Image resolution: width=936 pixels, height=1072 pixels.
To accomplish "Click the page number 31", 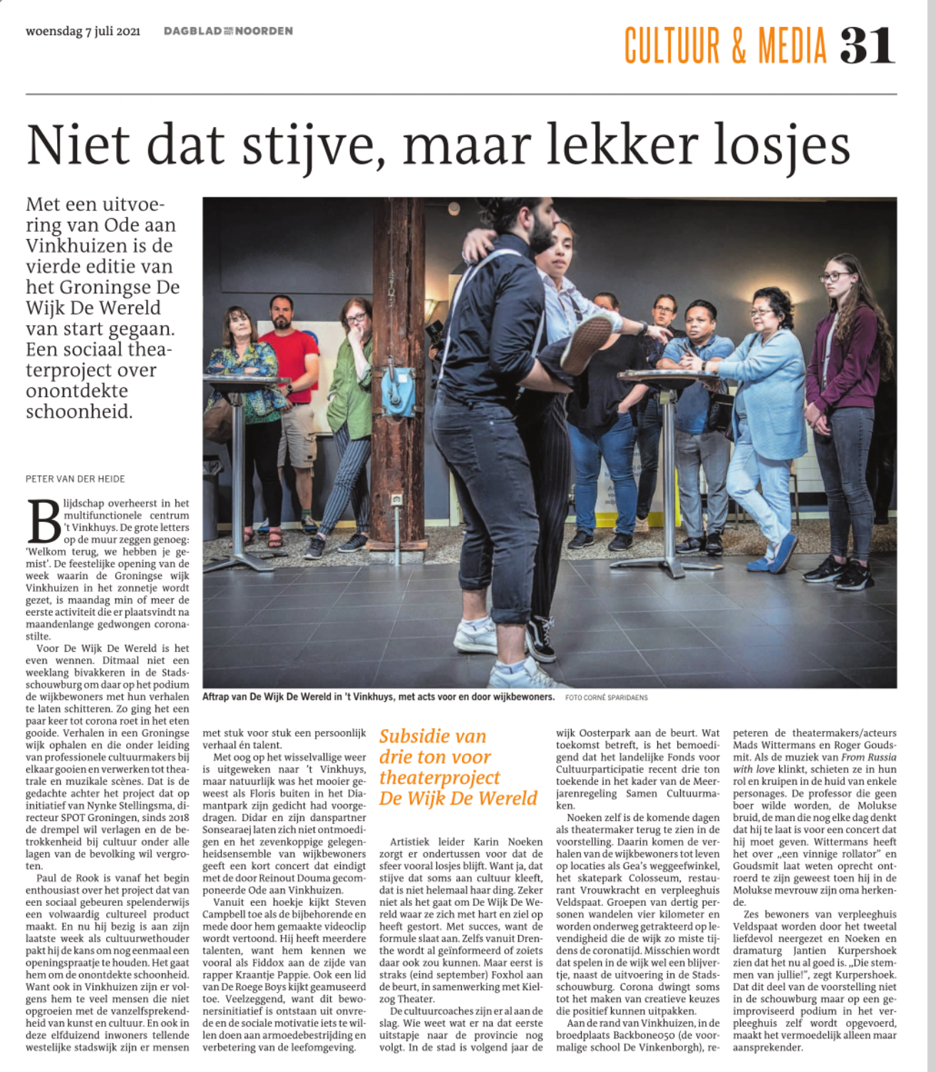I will [866, 46].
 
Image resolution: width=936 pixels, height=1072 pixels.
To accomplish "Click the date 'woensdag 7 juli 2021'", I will [83, 31].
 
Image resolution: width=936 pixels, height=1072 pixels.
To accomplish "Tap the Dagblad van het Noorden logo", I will [228, 31].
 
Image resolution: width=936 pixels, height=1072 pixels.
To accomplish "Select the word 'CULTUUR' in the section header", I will [672, 46].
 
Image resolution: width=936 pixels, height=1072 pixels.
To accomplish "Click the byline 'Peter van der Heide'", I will [75, 479].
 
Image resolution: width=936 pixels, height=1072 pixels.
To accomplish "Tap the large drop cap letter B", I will [43, 522].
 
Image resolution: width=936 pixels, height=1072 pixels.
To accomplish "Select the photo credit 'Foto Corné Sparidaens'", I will [606, 698].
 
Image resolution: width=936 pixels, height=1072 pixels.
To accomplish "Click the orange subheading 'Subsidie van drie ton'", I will [433, 746].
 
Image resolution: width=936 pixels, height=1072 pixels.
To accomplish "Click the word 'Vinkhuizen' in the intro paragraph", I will [73, 245].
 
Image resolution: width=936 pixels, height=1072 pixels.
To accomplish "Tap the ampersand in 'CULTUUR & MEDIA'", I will [739, 46].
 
